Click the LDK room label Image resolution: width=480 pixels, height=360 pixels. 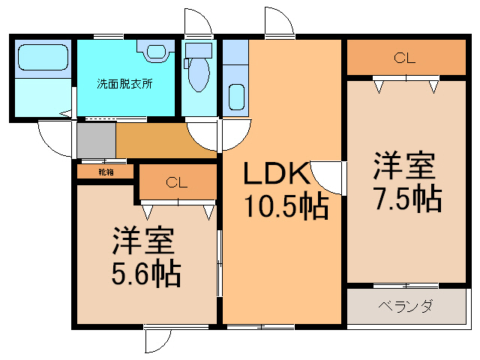[x=276, y=173]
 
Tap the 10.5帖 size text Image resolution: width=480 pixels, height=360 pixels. [x=286, y=205]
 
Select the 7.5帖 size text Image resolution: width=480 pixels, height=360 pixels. [x=408, y=198]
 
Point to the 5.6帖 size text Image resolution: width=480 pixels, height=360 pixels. [x=146, y=273]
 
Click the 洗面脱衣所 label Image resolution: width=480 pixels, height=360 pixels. [x=124, y=83]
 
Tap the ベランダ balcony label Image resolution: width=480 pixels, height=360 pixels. [x=406, y=306]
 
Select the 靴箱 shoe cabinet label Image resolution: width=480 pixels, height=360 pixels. [x=106, y=172]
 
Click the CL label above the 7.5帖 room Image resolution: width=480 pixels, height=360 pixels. [x=405, y=58]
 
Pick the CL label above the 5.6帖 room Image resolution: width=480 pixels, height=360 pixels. [x=177, y=183]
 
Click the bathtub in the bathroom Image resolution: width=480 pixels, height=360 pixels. [x=43, y=58]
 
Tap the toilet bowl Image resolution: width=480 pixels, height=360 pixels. [x=199, y=74]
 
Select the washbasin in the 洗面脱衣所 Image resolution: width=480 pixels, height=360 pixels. [x=156, y=51]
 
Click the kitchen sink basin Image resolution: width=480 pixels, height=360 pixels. [x=237, y=97]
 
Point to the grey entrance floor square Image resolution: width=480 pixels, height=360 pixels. [x=97, y=140]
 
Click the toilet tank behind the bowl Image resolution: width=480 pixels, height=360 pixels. [x=199, y=50]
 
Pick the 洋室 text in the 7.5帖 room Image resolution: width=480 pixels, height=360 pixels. [x=404, y=165]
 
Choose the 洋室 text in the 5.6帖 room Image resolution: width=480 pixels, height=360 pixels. [x=144, y=240]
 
